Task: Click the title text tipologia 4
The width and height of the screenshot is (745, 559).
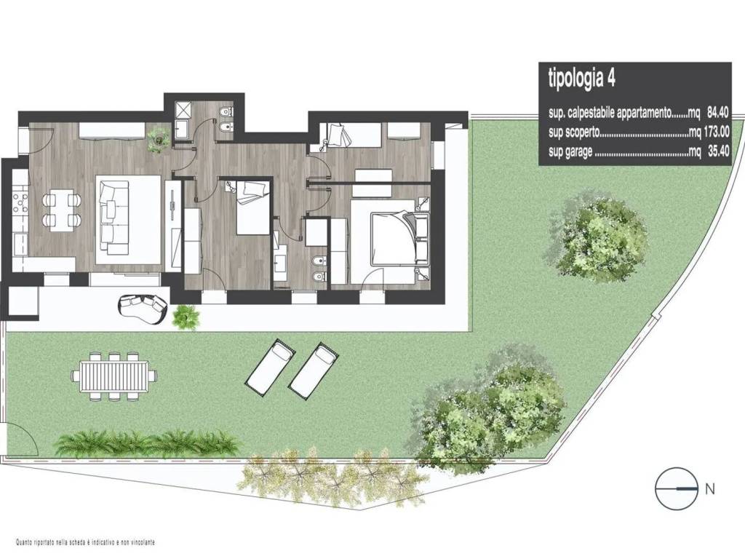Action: pos(581,79)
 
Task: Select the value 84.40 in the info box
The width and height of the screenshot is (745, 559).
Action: pos(717,113)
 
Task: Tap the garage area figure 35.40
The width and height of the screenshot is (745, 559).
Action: pos(717,152)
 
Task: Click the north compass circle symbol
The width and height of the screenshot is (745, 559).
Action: pos(677,488)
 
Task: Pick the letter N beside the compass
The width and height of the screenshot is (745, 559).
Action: pos(710,488)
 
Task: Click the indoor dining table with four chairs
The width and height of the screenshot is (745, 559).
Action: pos(61,210)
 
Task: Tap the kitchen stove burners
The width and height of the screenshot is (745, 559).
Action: pos(20,203)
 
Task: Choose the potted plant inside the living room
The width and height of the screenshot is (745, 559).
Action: pos(158,139)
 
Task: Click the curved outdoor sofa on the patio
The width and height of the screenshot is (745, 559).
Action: pos(143,308)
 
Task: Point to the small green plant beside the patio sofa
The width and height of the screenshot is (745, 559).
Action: pos(186,317)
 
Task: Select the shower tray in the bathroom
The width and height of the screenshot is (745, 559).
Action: pos(181,111)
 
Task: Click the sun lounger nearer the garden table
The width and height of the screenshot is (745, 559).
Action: pos(270,367)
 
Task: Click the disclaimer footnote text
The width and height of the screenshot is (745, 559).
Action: pos(86,542)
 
